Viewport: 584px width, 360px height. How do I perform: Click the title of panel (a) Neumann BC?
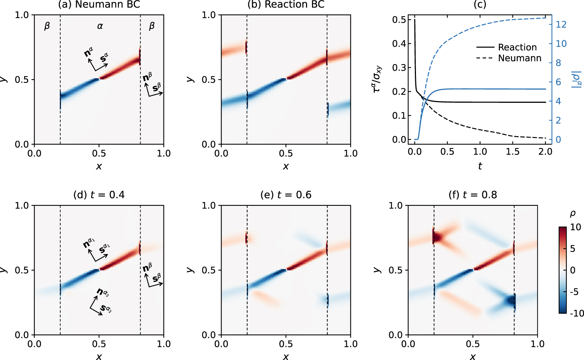pos(99,4)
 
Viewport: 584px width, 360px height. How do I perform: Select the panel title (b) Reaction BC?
pos(286,4)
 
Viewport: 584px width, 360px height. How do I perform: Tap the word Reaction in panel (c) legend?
pos(517,47)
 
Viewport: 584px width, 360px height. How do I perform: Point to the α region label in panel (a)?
pos(100,26)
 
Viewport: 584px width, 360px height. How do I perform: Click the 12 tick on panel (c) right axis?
pos(561,24)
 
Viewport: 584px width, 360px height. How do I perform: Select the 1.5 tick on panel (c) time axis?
pos(512,152)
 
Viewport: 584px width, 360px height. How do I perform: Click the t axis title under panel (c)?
pos(480,166)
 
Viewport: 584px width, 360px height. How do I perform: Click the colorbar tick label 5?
pos(573,249)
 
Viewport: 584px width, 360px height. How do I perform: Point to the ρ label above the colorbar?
pos(572,214)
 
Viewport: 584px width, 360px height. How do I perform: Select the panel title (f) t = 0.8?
pos(473,195)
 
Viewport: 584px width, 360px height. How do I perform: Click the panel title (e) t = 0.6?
pos(286,195)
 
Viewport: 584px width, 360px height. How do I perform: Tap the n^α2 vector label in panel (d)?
pos(103,292)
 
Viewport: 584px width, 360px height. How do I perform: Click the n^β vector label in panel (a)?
pos(148,78)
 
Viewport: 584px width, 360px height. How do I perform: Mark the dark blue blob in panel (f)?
pos(508,301)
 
